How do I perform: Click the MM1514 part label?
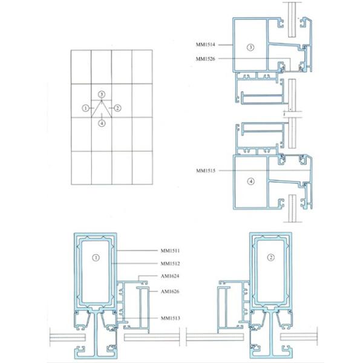[205, 44]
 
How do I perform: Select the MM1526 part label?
[205, 59]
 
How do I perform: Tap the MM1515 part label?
[206, 171]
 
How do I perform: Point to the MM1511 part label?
[170, 250]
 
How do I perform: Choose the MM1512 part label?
[170, 263]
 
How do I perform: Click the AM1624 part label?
[170, 276]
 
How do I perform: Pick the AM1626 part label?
[170, 291]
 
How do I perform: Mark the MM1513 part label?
[170, 318]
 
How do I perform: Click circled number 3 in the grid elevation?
[102, 94]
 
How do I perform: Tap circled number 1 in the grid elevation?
[86, 108]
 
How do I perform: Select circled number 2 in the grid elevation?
[117, 108]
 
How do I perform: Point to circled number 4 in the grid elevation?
[102, 123]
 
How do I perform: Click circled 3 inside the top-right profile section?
[250, 47]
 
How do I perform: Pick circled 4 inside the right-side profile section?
[251, 181]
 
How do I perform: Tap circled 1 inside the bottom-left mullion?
[96, 258]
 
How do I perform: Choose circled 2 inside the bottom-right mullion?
[271, 257]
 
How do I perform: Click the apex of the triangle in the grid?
[102, 100]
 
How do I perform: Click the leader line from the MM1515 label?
[264, 171]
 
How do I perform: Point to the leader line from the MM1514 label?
[226, 45]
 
